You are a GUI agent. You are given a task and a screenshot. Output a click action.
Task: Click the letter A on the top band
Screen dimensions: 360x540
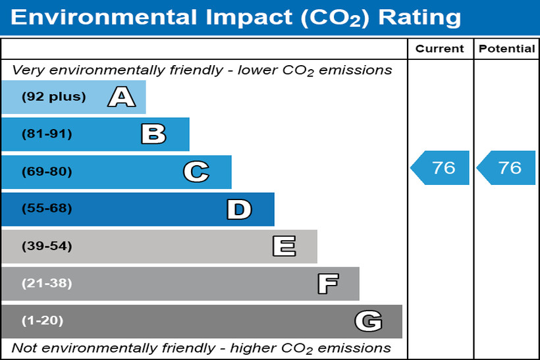[122, 97]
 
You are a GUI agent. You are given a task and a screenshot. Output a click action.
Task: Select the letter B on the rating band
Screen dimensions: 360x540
[153, 134]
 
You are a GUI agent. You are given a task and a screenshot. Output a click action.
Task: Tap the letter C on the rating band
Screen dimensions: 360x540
[196, 172]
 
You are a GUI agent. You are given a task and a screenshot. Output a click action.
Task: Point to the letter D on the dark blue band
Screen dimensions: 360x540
[238, 209]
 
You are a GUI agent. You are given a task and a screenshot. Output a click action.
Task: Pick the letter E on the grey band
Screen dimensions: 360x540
[284, 246]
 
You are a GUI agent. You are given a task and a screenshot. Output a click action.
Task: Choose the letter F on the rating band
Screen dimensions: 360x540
[327, 284]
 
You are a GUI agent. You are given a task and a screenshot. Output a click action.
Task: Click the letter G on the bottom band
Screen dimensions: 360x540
[368, 321]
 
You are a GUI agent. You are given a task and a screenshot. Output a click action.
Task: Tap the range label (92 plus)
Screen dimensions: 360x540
[53, 97]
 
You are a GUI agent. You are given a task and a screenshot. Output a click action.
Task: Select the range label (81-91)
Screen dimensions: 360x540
[47, 134]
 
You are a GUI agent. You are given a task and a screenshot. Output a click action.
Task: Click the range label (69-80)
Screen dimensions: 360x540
[47, 172]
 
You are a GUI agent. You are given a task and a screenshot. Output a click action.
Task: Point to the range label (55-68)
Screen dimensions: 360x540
[47, 209]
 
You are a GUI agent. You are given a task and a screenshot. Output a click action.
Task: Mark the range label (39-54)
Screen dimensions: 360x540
[47, 246]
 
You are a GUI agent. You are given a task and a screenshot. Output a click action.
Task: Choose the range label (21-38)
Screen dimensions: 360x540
[47, 284]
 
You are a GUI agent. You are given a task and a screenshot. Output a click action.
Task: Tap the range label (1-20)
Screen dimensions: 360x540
[43, 321]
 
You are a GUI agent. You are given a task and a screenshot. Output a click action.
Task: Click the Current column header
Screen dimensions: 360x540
[440, 49]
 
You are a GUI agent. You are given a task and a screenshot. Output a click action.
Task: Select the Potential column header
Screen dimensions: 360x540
[506, 49]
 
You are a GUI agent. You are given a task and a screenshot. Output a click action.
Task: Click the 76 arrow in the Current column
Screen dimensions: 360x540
[441, 168]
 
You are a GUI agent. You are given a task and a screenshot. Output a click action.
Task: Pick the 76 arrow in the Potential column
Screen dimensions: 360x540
[506, 168]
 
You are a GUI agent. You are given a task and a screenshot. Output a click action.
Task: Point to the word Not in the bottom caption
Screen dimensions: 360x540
[24, 347]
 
